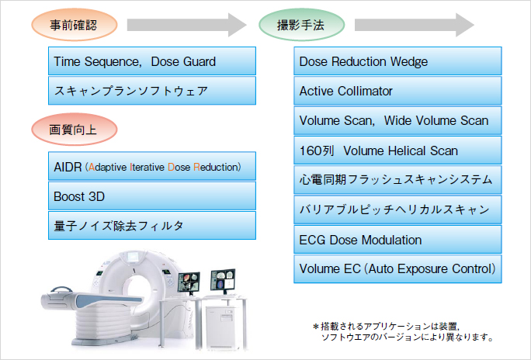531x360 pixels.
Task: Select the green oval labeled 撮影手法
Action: point(300,25)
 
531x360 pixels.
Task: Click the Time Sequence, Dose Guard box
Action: point(151,61)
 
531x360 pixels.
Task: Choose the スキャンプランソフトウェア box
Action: point(151,91)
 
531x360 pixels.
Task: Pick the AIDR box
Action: point(151,167)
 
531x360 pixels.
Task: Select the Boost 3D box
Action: point(151,196)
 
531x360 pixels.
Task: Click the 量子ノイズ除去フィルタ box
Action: point(151,226)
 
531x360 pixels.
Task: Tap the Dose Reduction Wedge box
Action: point(397,61)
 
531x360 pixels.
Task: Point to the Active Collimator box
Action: point(397,91)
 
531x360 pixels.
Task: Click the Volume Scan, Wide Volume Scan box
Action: point(397,120)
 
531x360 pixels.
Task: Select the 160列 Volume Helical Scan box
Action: point(397,151)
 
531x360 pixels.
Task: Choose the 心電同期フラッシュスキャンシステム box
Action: point(397,180)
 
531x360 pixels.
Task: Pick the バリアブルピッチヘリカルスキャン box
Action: point(397,209)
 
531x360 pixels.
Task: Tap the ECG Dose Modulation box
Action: point(397,240)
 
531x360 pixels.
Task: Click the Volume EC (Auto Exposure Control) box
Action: point(397,269)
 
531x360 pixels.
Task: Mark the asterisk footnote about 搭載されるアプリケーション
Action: point(403,332)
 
